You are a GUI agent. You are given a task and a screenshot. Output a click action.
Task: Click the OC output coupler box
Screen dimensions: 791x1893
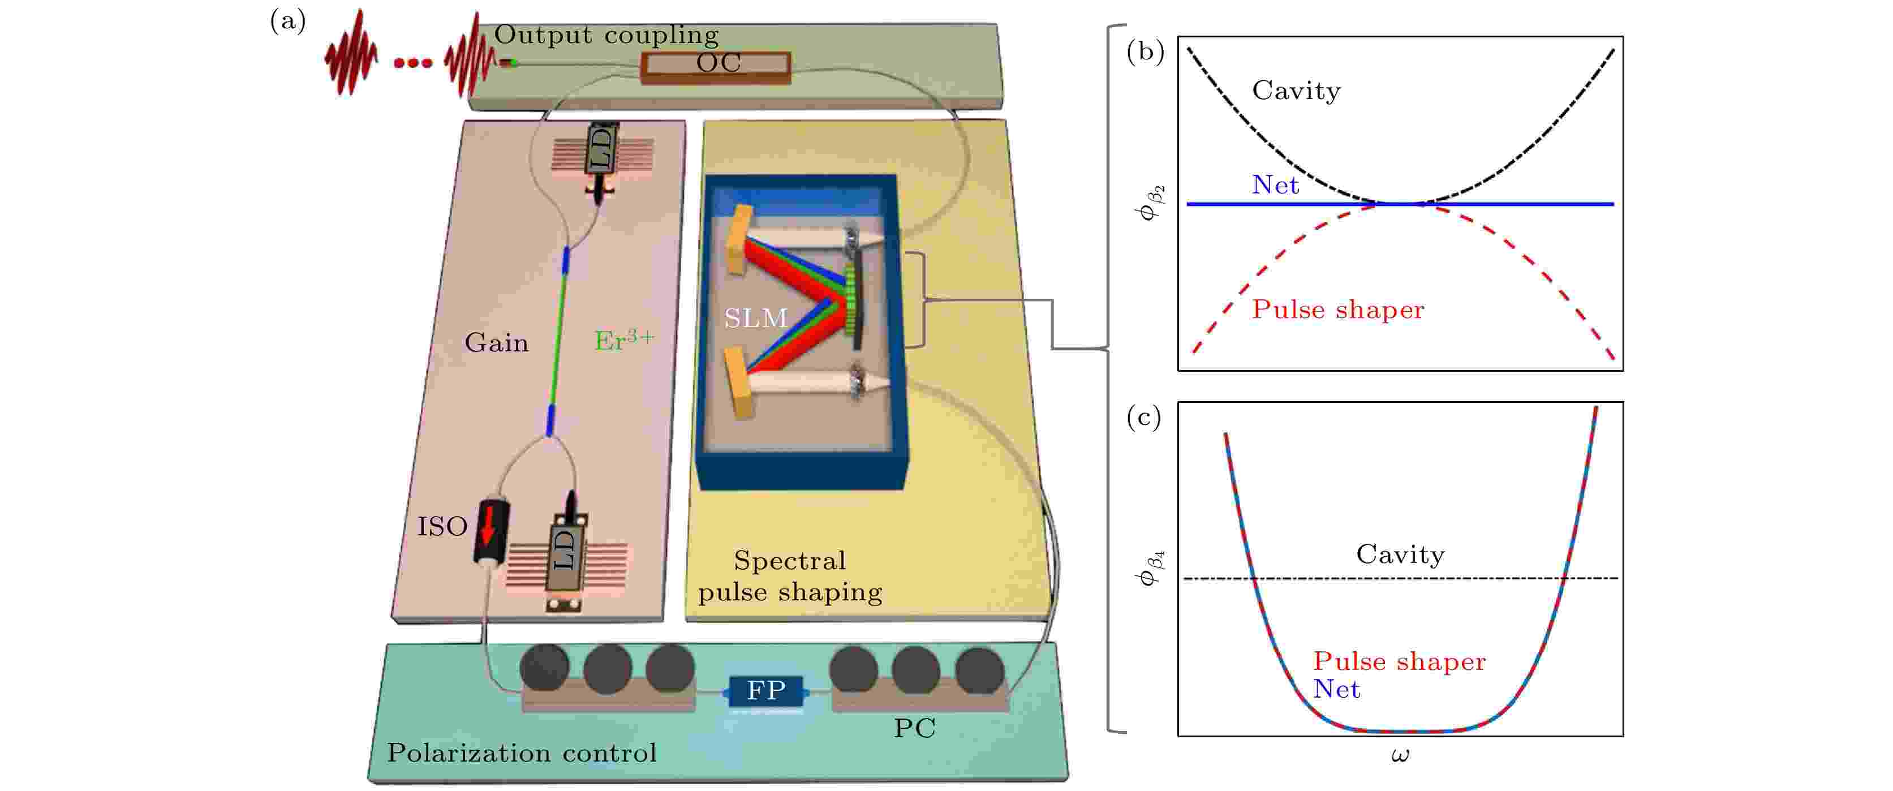pos(716,65)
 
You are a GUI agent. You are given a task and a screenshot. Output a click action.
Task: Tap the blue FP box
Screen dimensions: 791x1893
pos(765,690)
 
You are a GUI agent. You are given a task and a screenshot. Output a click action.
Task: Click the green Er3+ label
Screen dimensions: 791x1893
pos(623,339)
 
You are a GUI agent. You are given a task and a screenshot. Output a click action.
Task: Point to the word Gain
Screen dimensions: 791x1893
pos(496,342)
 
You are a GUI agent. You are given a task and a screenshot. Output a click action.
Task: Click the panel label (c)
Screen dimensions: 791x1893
pos(1143,417)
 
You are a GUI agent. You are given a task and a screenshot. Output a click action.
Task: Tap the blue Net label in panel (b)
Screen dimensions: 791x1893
pos(1275,184)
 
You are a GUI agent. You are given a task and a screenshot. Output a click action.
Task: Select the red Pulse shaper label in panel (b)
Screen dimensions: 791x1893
pos(1337,309)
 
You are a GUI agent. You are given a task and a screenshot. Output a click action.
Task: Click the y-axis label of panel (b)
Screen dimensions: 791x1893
pos(1148,203)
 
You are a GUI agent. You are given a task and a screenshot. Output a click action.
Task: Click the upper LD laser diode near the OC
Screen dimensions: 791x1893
pos(601,149)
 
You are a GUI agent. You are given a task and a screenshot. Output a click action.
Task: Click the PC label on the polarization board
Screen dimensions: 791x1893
pos(914,728)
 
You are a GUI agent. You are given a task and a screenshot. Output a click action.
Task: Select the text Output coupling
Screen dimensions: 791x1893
pos(606,35)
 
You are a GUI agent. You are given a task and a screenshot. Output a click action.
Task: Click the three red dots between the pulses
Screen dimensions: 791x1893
pos(412,64)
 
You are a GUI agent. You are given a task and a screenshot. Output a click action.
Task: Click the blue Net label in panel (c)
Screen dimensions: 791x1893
pos(1336,690)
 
